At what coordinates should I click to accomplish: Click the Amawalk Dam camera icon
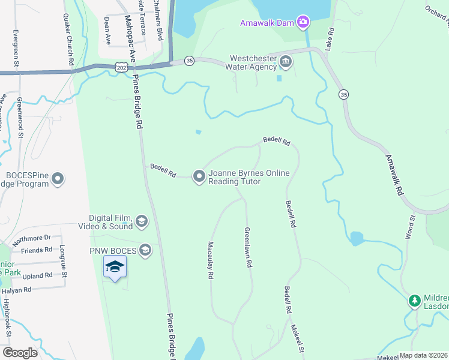point(303,23)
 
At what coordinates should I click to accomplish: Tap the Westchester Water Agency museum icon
point(286,62)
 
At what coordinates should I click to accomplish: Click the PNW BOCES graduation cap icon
point(145,249)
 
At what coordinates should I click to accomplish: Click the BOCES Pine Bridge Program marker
point(58,179)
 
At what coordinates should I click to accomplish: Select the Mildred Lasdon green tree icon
point(414,300)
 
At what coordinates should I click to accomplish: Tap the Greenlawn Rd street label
point(247,247)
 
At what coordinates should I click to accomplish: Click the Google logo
point(20,353)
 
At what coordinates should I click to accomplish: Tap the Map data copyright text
point(424,355)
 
